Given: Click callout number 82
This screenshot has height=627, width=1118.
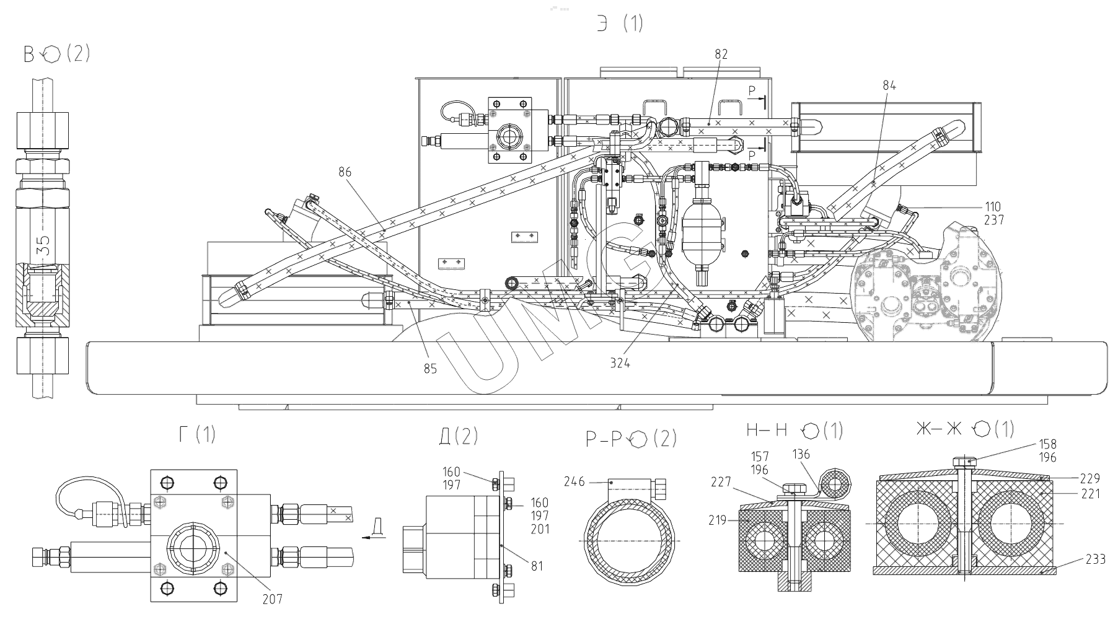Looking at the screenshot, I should (x=721, y=55).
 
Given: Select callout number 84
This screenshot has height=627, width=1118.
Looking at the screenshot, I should (x=889, y=86).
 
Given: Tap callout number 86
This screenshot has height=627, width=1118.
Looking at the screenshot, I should (x=345, y=172).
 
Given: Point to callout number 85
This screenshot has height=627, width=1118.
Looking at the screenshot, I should (x=430, y=369).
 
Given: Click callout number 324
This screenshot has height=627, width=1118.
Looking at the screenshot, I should (x=620, y=364).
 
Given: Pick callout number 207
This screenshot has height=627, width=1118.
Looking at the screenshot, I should (x=272, y=598).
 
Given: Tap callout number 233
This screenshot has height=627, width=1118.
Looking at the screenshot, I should (x=1096, y=559).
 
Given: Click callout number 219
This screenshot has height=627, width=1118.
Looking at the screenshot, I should (x=718, y=521).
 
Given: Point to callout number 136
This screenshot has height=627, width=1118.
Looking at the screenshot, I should (x=801, y=454).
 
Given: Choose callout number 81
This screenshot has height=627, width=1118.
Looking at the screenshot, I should (x=537, y=566).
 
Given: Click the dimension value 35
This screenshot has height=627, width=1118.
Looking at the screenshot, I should (x=43, y=246).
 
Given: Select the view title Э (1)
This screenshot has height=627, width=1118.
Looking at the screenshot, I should (x=620, y=24).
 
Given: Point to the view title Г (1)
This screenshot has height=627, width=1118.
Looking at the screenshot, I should (x=197, y=434).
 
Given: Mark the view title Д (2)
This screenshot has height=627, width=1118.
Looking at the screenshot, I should (x=459, y=436).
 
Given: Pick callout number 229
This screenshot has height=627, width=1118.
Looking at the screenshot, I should (x=1089, y=478).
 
